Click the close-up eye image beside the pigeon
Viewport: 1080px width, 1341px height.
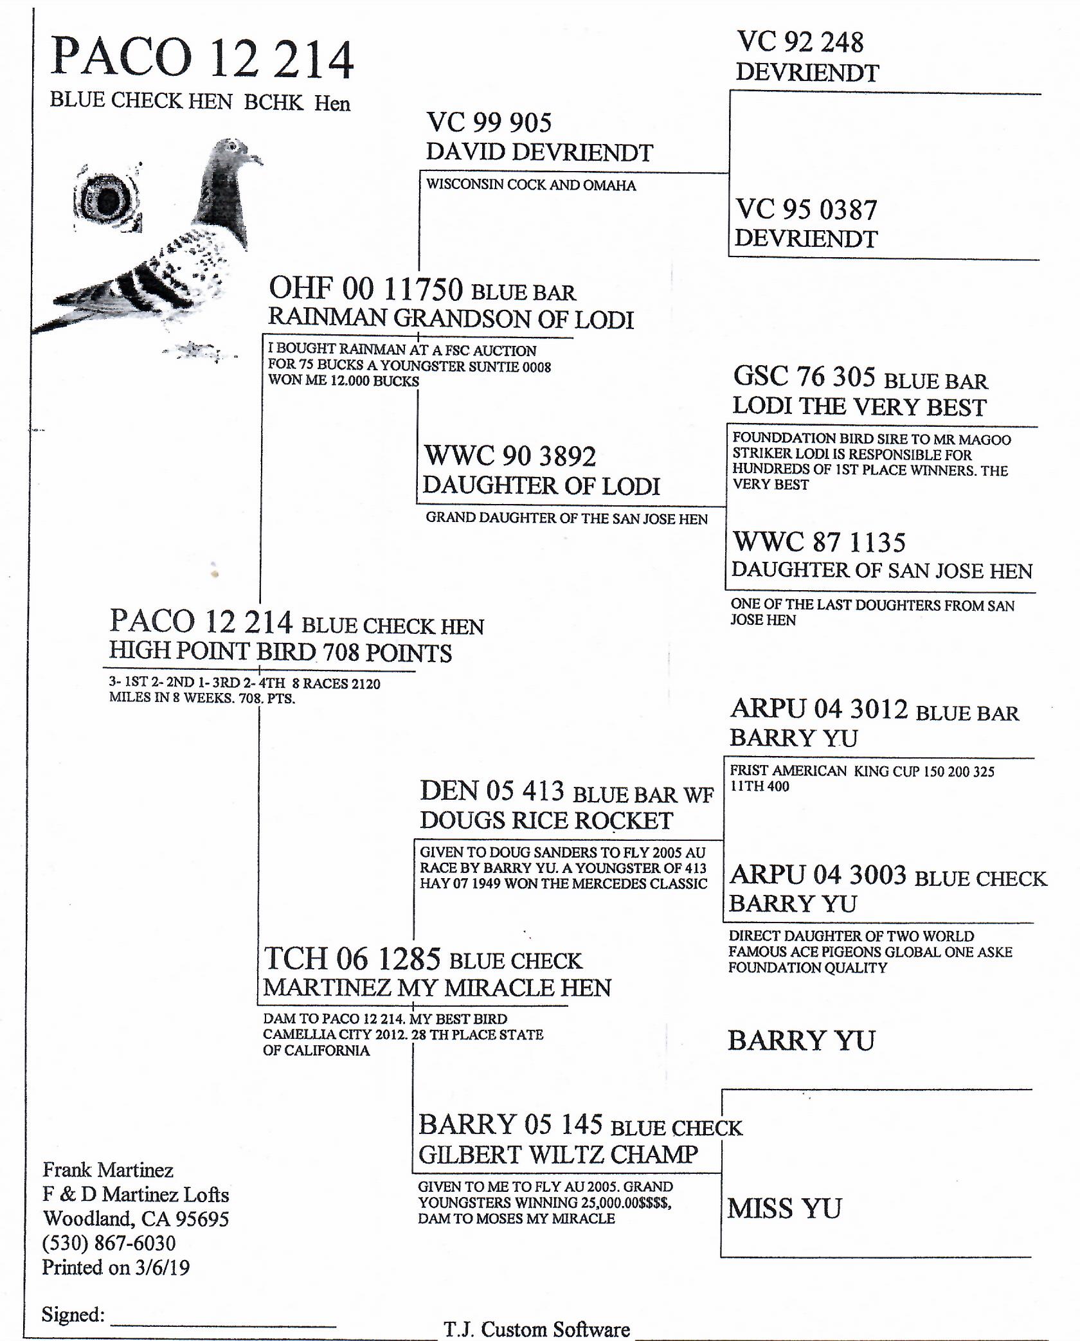[x=107, y=200]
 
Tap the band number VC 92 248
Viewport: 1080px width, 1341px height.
[x=800, y=42]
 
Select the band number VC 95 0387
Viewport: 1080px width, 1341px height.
[x=806, y=210]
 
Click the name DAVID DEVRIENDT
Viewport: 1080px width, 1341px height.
[x=539, y=152]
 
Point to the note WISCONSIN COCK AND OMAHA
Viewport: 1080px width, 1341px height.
[x=530, y=185]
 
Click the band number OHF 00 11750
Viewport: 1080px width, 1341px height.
[x=365, y=289]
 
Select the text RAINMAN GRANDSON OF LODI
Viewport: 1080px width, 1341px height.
[x=451, y=318]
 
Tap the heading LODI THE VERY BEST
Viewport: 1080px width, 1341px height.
[x=859, y=406]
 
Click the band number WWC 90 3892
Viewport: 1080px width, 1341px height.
[x=510, y=456]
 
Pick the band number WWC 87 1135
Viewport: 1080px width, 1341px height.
[x=819, y=542]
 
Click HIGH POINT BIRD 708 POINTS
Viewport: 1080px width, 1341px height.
[x=280, y=652]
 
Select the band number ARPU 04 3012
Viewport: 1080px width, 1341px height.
[x=819, y=709]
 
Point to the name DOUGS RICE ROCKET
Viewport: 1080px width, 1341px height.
[x=546, y=820]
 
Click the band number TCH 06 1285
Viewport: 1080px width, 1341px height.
[x=352, y=959]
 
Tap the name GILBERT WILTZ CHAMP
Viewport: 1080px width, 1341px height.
[x=557, y=1155]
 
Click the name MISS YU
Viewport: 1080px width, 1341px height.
[x=784, y=1209]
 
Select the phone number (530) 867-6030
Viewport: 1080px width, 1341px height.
[x=109, y=1243]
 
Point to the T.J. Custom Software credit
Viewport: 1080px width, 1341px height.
[x=536, y=1329]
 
